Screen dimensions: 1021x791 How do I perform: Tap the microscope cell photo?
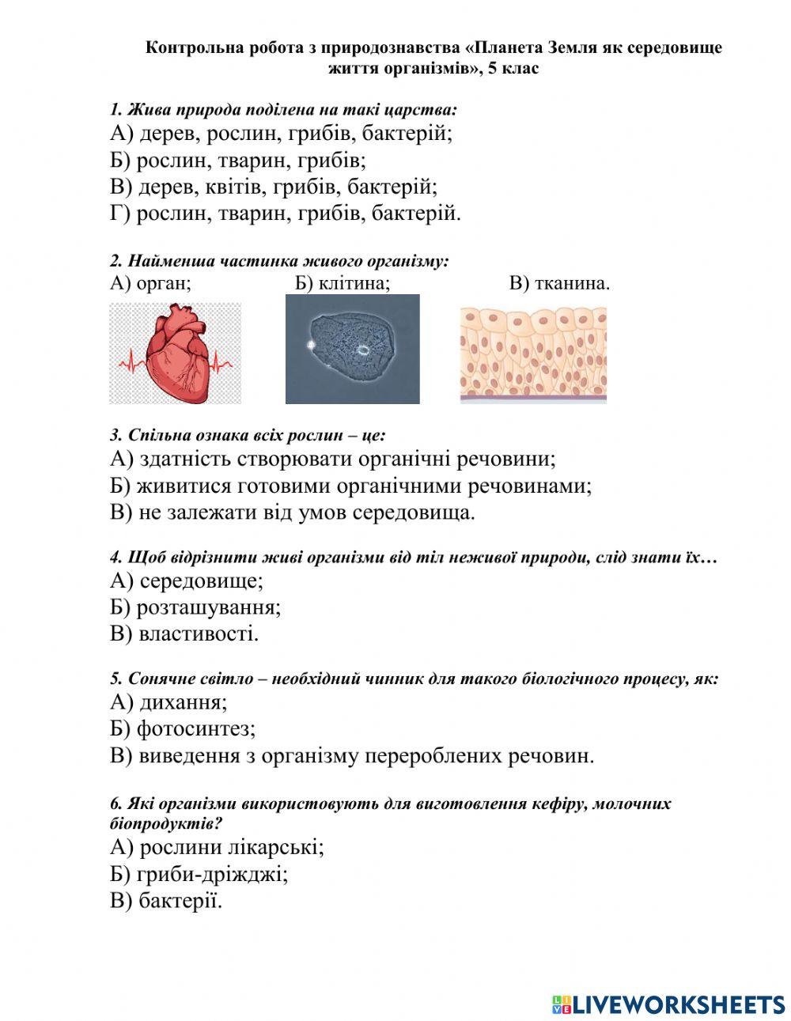click(x=352, y=349)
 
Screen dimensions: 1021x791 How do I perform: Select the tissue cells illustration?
click(x=533, y=355)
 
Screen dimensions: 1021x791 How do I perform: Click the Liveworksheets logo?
click(x=668, y=1004)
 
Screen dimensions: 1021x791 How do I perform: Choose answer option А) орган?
click(x=150, y=283)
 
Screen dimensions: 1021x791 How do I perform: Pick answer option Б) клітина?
click(x=343, y=283)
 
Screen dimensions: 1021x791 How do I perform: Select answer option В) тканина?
click(x=558, y=283)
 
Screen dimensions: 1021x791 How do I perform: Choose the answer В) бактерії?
click(x=166, y=901)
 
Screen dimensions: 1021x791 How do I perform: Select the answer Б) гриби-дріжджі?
click(x=199, y=874)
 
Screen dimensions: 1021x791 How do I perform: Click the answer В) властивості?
click(x=184, y=633)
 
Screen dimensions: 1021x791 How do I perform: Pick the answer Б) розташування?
click(x=195, y=607)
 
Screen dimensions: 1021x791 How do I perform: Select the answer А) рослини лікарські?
click(x=217, y=847)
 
